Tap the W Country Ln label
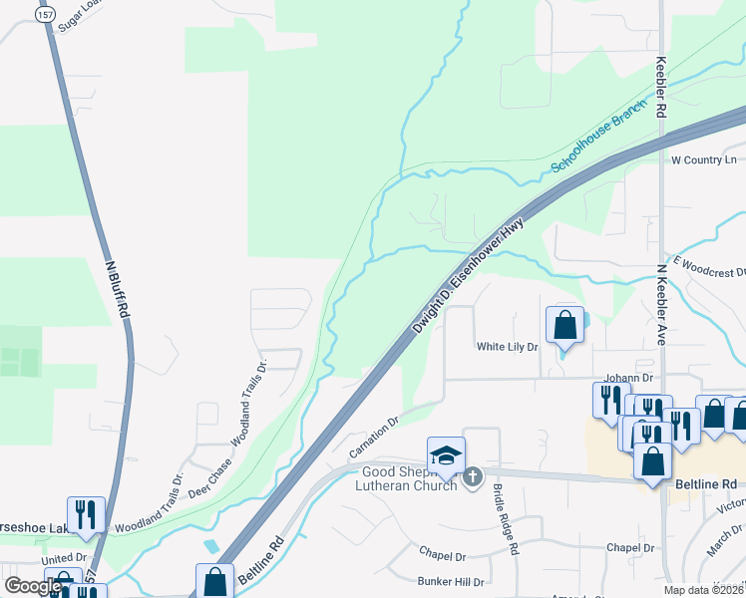click(703, 159)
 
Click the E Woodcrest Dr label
click(710, 266)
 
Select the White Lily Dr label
click(507, 347)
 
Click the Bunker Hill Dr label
click(451, 581)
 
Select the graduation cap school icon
click(445, 455)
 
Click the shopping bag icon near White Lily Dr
click(564, 325)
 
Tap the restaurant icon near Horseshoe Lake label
click(86, 514)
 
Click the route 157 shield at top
click(44, 14)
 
